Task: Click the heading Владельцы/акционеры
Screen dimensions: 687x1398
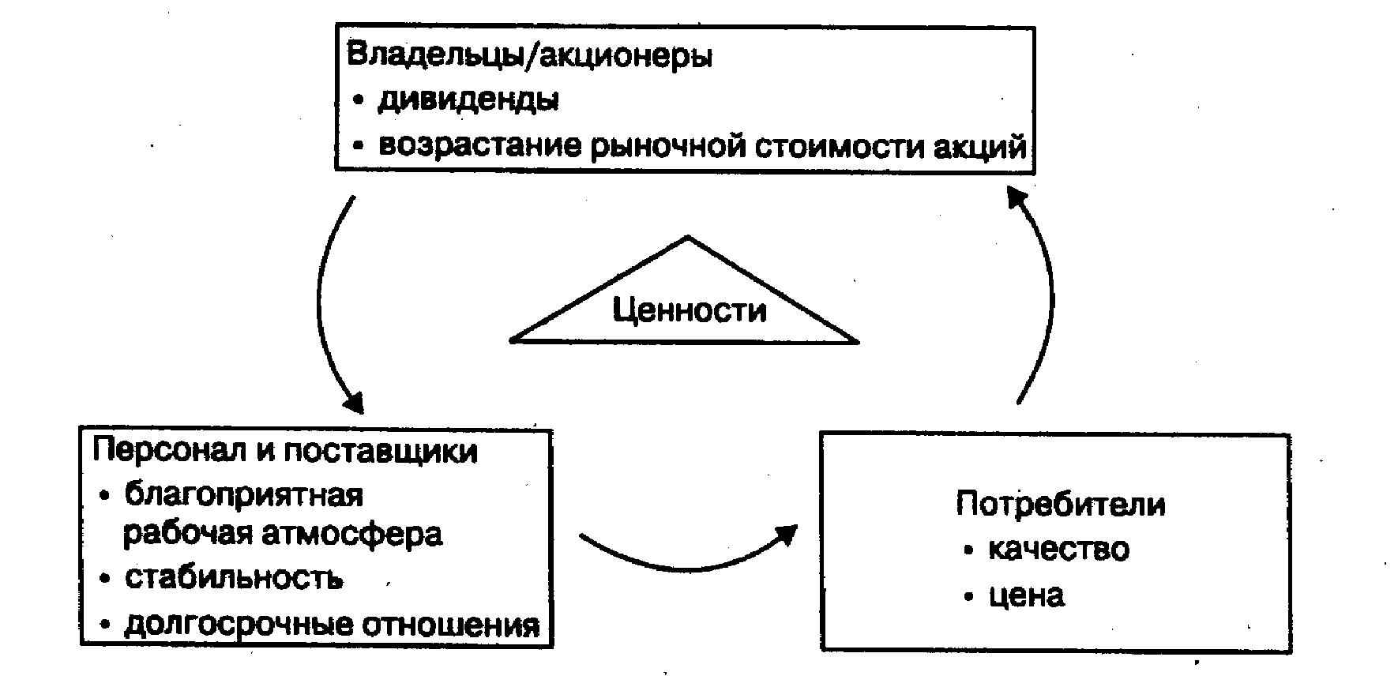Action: tap(529, 56)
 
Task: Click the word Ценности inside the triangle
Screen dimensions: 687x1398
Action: tap(689, 310)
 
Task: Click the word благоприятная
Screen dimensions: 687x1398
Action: tap(243, 496)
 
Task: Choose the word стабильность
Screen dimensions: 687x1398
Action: tap(234, 578)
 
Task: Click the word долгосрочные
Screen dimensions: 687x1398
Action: tap(237, 625)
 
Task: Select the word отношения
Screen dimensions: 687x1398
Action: tap(451, 625)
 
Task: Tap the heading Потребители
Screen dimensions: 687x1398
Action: tap(1060, 504)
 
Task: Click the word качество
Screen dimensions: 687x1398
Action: tap(1058, 549)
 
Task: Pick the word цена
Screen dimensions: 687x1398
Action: tap(1026, 595)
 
